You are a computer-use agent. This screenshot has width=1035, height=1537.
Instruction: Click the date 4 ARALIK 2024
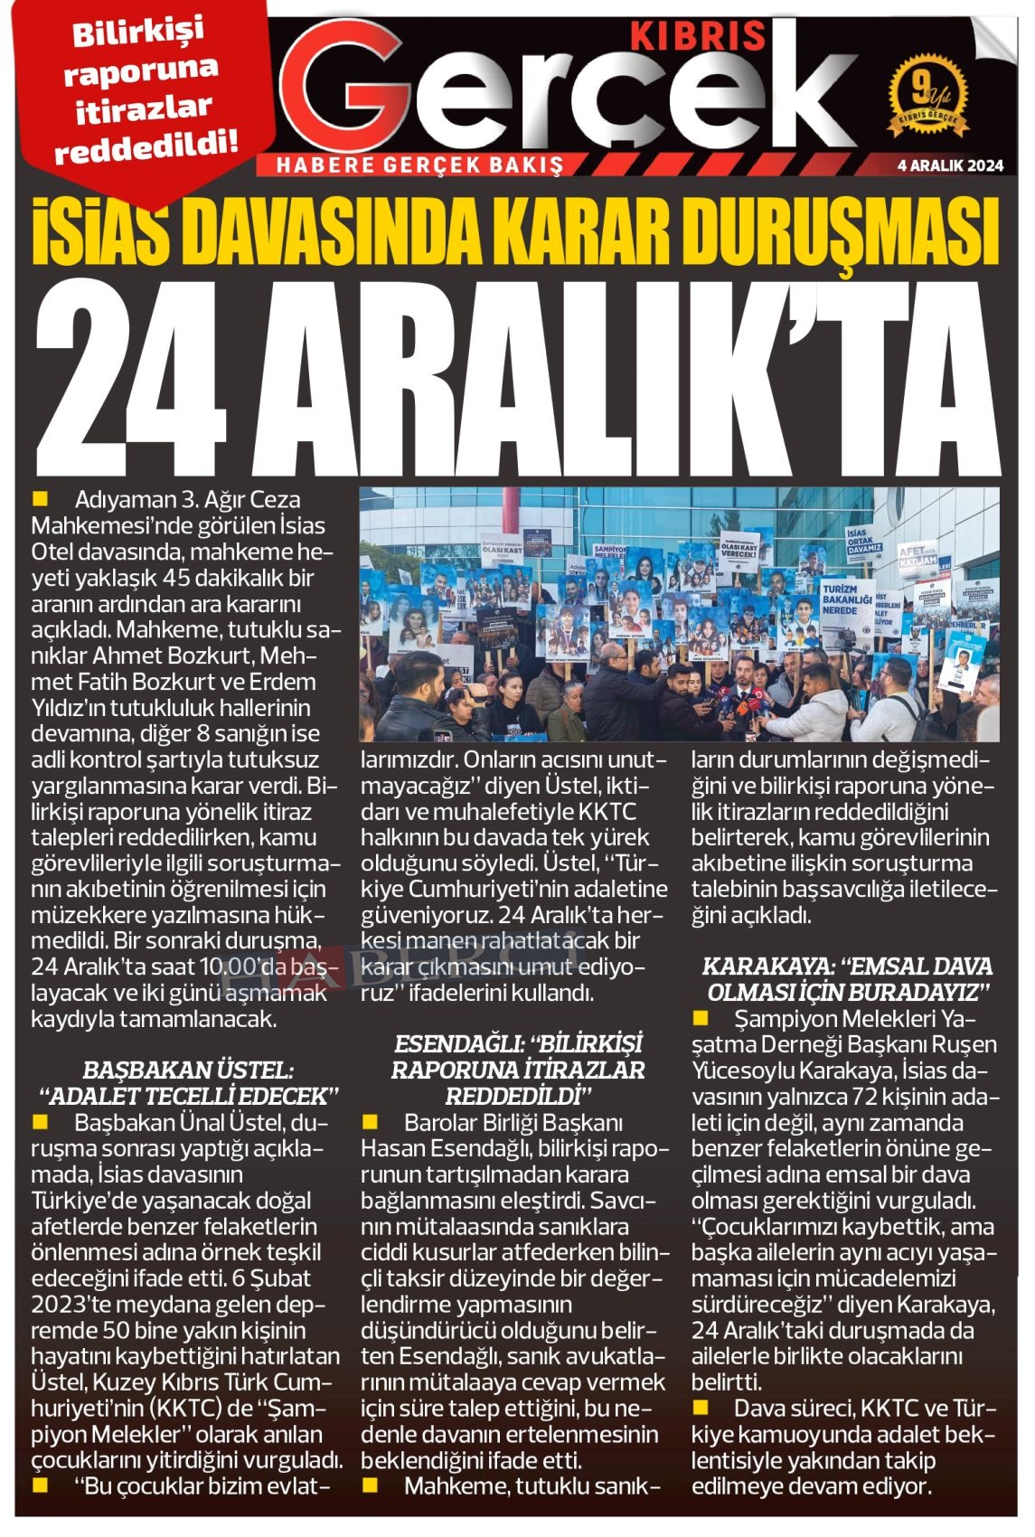tap(950, 165)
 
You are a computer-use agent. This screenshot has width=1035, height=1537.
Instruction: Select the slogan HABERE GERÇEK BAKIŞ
tap(419, 165)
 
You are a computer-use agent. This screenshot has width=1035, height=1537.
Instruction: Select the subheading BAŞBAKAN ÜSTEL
tap(188, 1070)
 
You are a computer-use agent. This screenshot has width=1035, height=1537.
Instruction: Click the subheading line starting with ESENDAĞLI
tap(518, 1044)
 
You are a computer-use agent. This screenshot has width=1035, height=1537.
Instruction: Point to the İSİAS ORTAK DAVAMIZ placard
tap(863, 547)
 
